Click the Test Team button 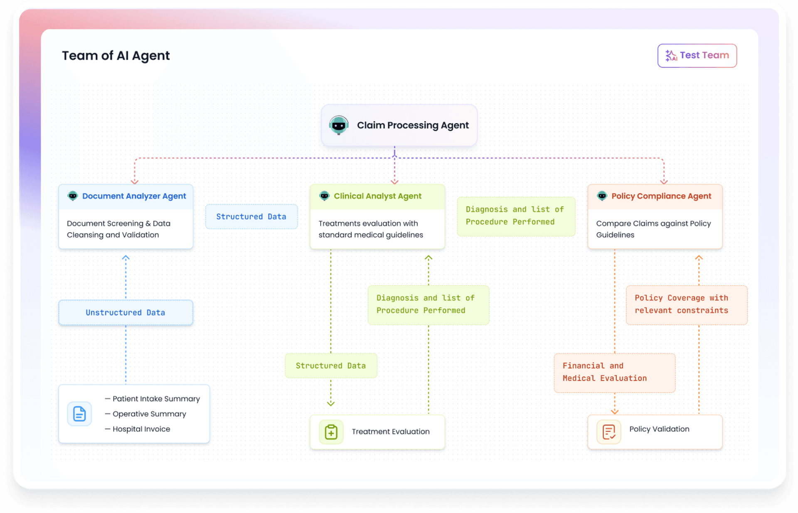point(697,55)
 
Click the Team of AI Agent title point(116,55)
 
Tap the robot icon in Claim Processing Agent point(339,125)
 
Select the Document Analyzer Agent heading point(134,196)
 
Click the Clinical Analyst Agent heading point(377,196)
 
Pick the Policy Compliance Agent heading point(661,196)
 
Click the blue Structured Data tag point(251,216)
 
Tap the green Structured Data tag point(331,366)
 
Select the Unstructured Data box point(126,312)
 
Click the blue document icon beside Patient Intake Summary point(79,414)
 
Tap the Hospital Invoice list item point(141,429)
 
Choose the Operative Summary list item point(149,414)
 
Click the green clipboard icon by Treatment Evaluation point(331,432)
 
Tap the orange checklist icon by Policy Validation point(608,432)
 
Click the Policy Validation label point(659,429)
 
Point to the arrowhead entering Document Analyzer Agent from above point(134,182)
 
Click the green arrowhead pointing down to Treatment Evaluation point(331,403)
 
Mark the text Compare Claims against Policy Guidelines point(653,229)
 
